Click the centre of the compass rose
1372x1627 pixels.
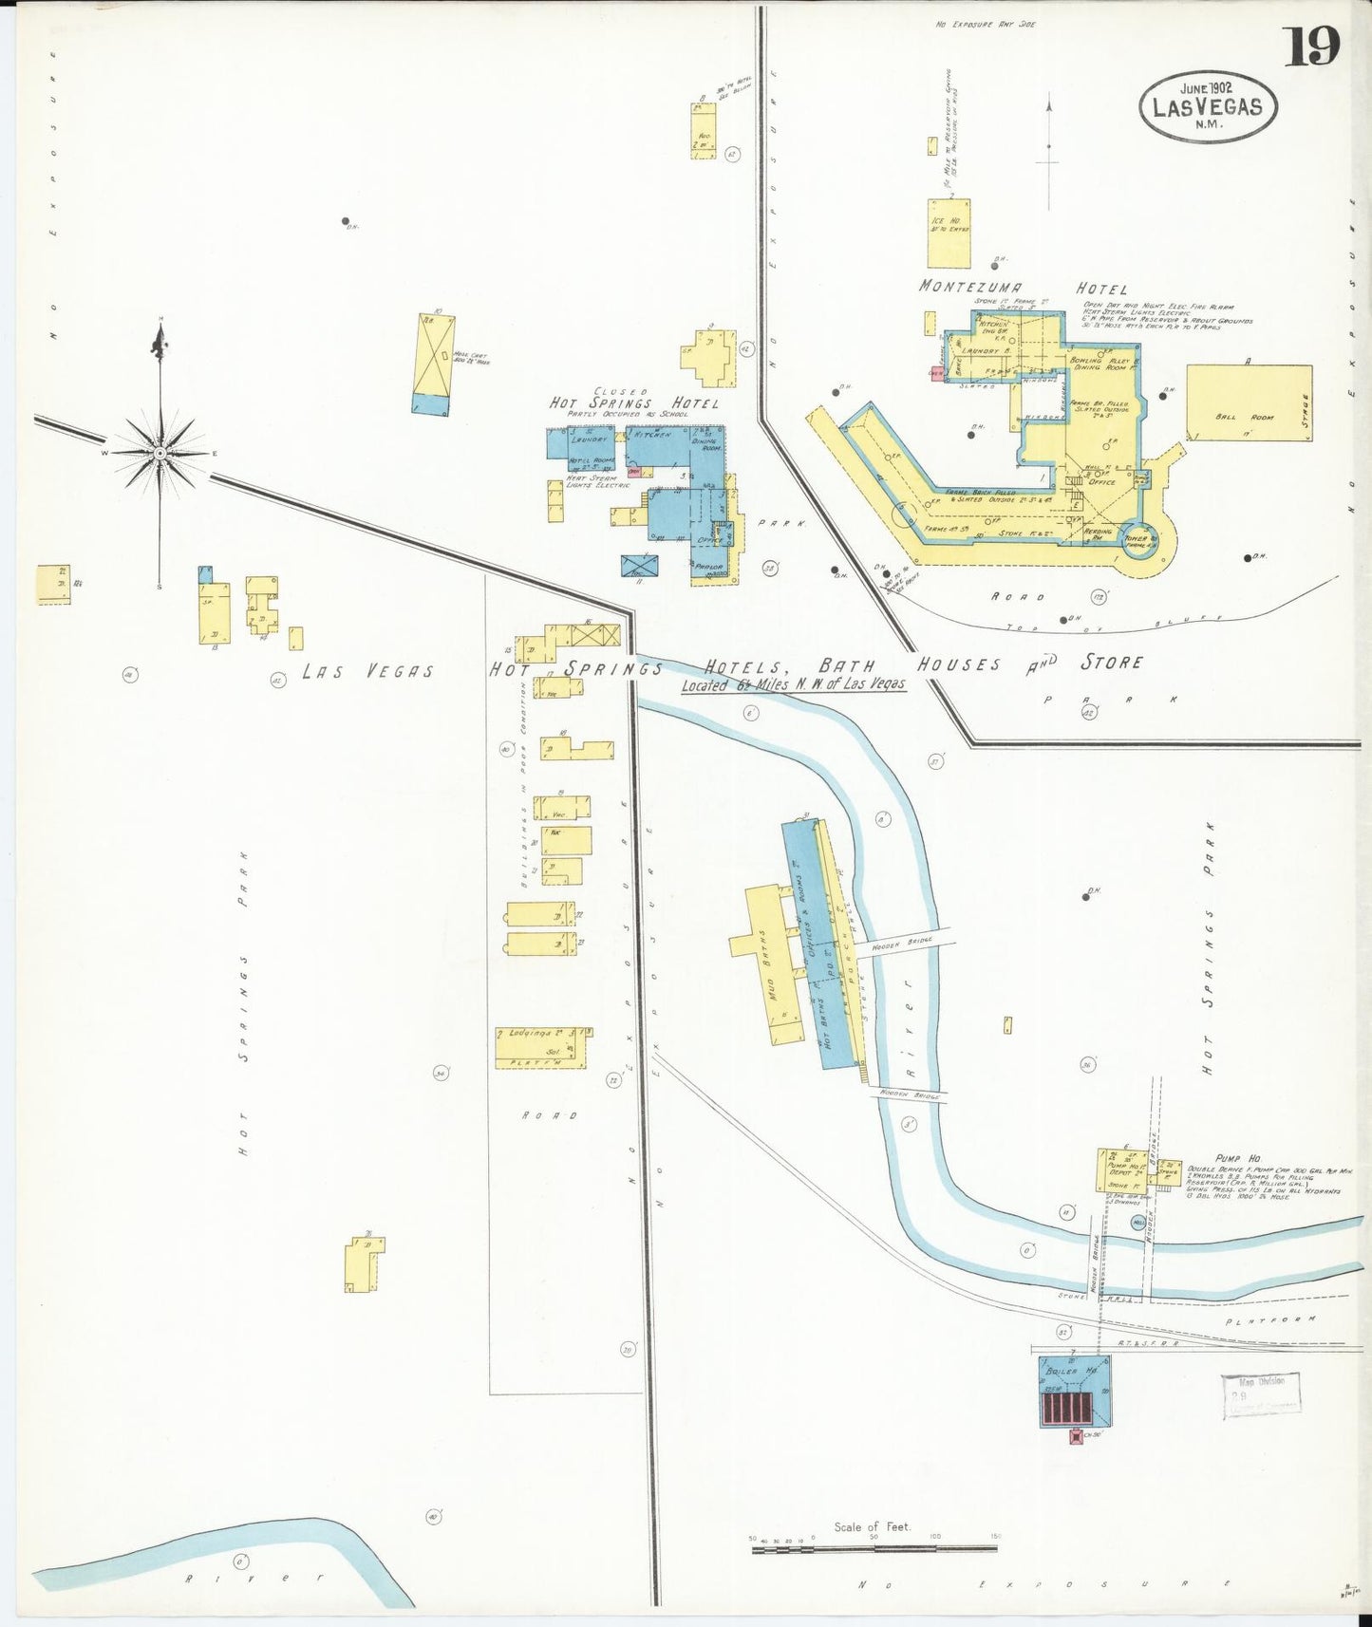point(160,453)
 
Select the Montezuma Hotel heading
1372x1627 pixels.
point(1022,288)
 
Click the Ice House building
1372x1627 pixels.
point(949,233)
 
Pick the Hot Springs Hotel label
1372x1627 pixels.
point(633,403)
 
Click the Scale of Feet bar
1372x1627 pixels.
point(874,1548)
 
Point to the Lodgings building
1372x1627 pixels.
point(542,1046)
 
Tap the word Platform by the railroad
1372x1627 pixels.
point(1270,1319)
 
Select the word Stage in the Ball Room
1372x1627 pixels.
point(1306,409)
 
